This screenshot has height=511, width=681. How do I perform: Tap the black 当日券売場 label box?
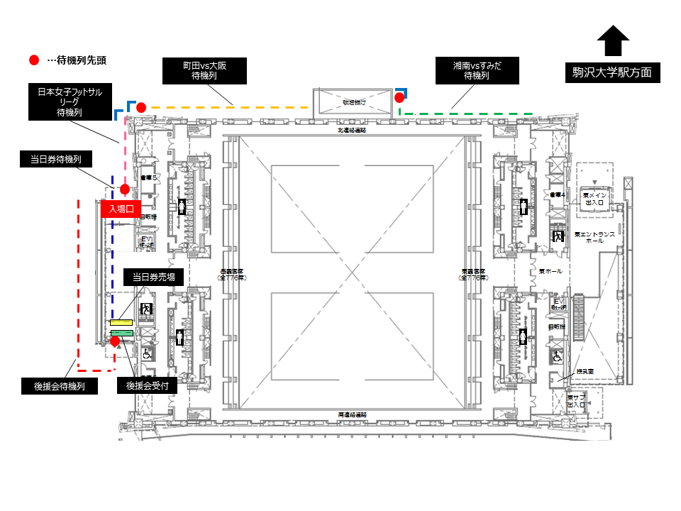[154, 277]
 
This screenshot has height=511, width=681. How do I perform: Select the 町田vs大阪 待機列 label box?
[204, 70]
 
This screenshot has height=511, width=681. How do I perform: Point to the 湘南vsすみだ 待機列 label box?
[476, 70]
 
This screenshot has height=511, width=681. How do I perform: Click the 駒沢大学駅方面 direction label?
[612, 72]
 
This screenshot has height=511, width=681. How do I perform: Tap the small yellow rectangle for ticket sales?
[121, 323]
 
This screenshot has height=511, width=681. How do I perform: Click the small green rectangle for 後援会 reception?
[121, 332]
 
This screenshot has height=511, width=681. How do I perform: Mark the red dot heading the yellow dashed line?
[141, 107]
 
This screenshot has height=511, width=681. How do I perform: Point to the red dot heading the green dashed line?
[399, 97]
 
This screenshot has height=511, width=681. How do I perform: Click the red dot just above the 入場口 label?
[125, 189]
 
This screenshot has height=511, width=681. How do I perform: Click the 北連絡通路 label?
[351, 131]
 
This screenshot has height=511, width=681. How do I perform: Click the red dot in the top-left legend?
[34, 60]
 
